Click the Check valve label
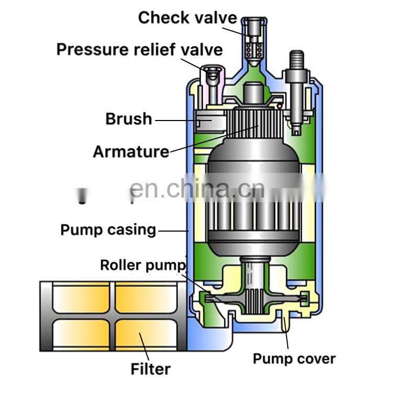[x=187, y=18]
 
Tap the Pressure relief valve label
[x=139, y=50]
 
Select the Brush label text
[x=128, y=119]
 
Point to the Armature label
[x=131, y=152]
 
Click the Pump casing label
[x=108, y=230]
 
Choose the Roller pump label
[x=143, y=265]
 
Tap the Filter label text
[x=150, y=369]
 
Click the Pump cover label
[x=294, y=358]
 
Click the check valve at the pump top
[x=253, y=42]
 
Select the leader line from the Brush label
[x=178, y=120]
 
